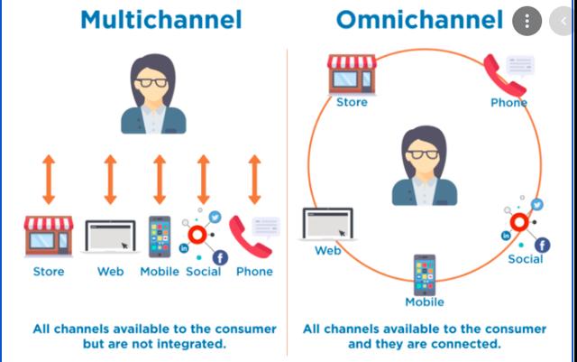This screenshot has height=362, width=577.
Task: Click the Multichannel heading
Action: point(161,20)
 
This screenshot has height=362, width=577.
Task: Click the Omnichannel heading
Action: point(420,20)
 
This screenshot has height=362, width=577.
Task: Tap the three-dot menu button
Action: point(527,21)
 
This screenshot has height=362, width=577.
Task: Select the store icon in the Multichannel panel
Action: point(49,236)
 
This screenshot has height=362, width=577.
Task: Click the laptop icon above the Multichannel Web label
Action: point(110,237)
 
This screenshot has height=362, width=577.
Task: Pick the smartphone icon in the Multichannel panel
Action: point(160,237)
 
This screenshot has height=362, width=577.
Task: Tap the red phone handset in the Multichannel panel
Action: point(250,237)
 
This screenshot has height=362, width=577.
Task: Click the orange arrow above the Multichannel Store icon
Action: point(49,180)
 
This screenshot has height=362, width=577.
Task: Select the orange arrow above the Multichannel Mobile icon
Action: point(160,180)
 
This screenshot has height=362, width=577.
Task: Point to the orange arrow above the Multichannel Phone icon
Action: point(254,180)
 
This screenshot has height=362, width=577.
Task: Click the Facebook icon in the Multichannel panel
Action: point(220,257)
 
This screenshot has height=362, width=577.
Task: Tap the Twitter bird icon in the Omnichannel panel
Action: point(537,204)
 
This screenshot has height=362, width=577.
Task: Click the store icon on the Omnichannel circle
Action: point(352,74)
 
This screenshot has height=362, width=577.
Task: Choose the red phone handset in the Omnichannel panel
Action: point(504,76)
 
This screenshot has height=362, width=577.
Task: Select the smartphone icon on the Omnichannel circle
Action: point(425,275)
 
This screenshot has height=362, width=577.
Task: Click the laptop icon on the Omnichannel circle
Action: point(327,224)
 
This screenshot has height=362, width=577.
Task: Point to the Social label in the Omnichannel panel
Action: point(526,259)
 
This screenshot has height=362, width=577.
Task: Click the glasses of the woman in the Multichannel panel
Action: point(152,82)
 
